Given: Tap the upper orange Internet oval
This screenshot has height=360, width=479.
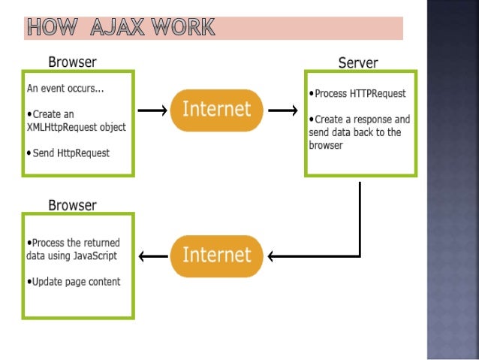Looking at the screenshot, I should (216, 110).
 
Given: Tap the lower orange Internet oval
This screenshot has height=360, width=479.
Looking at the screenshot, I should (216, 256).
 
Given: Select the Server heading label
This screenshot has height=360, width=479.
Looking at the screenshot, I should (358, 62).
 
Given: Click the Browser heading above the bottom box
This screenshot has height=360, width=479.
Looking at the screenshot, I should (72, 204).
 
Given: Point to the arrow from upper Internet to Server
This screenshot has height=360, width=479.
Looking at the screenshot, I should (282, 111).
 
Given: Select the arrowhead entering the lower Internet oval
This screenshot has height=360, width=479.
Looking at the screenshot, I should (272, 256).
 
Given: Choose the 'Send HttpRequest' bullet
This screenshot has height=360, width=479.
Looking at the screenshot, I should (69, 153).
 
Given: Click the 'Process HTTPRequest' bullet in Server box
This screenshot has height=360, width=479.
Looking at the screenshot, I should (358, 93).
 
